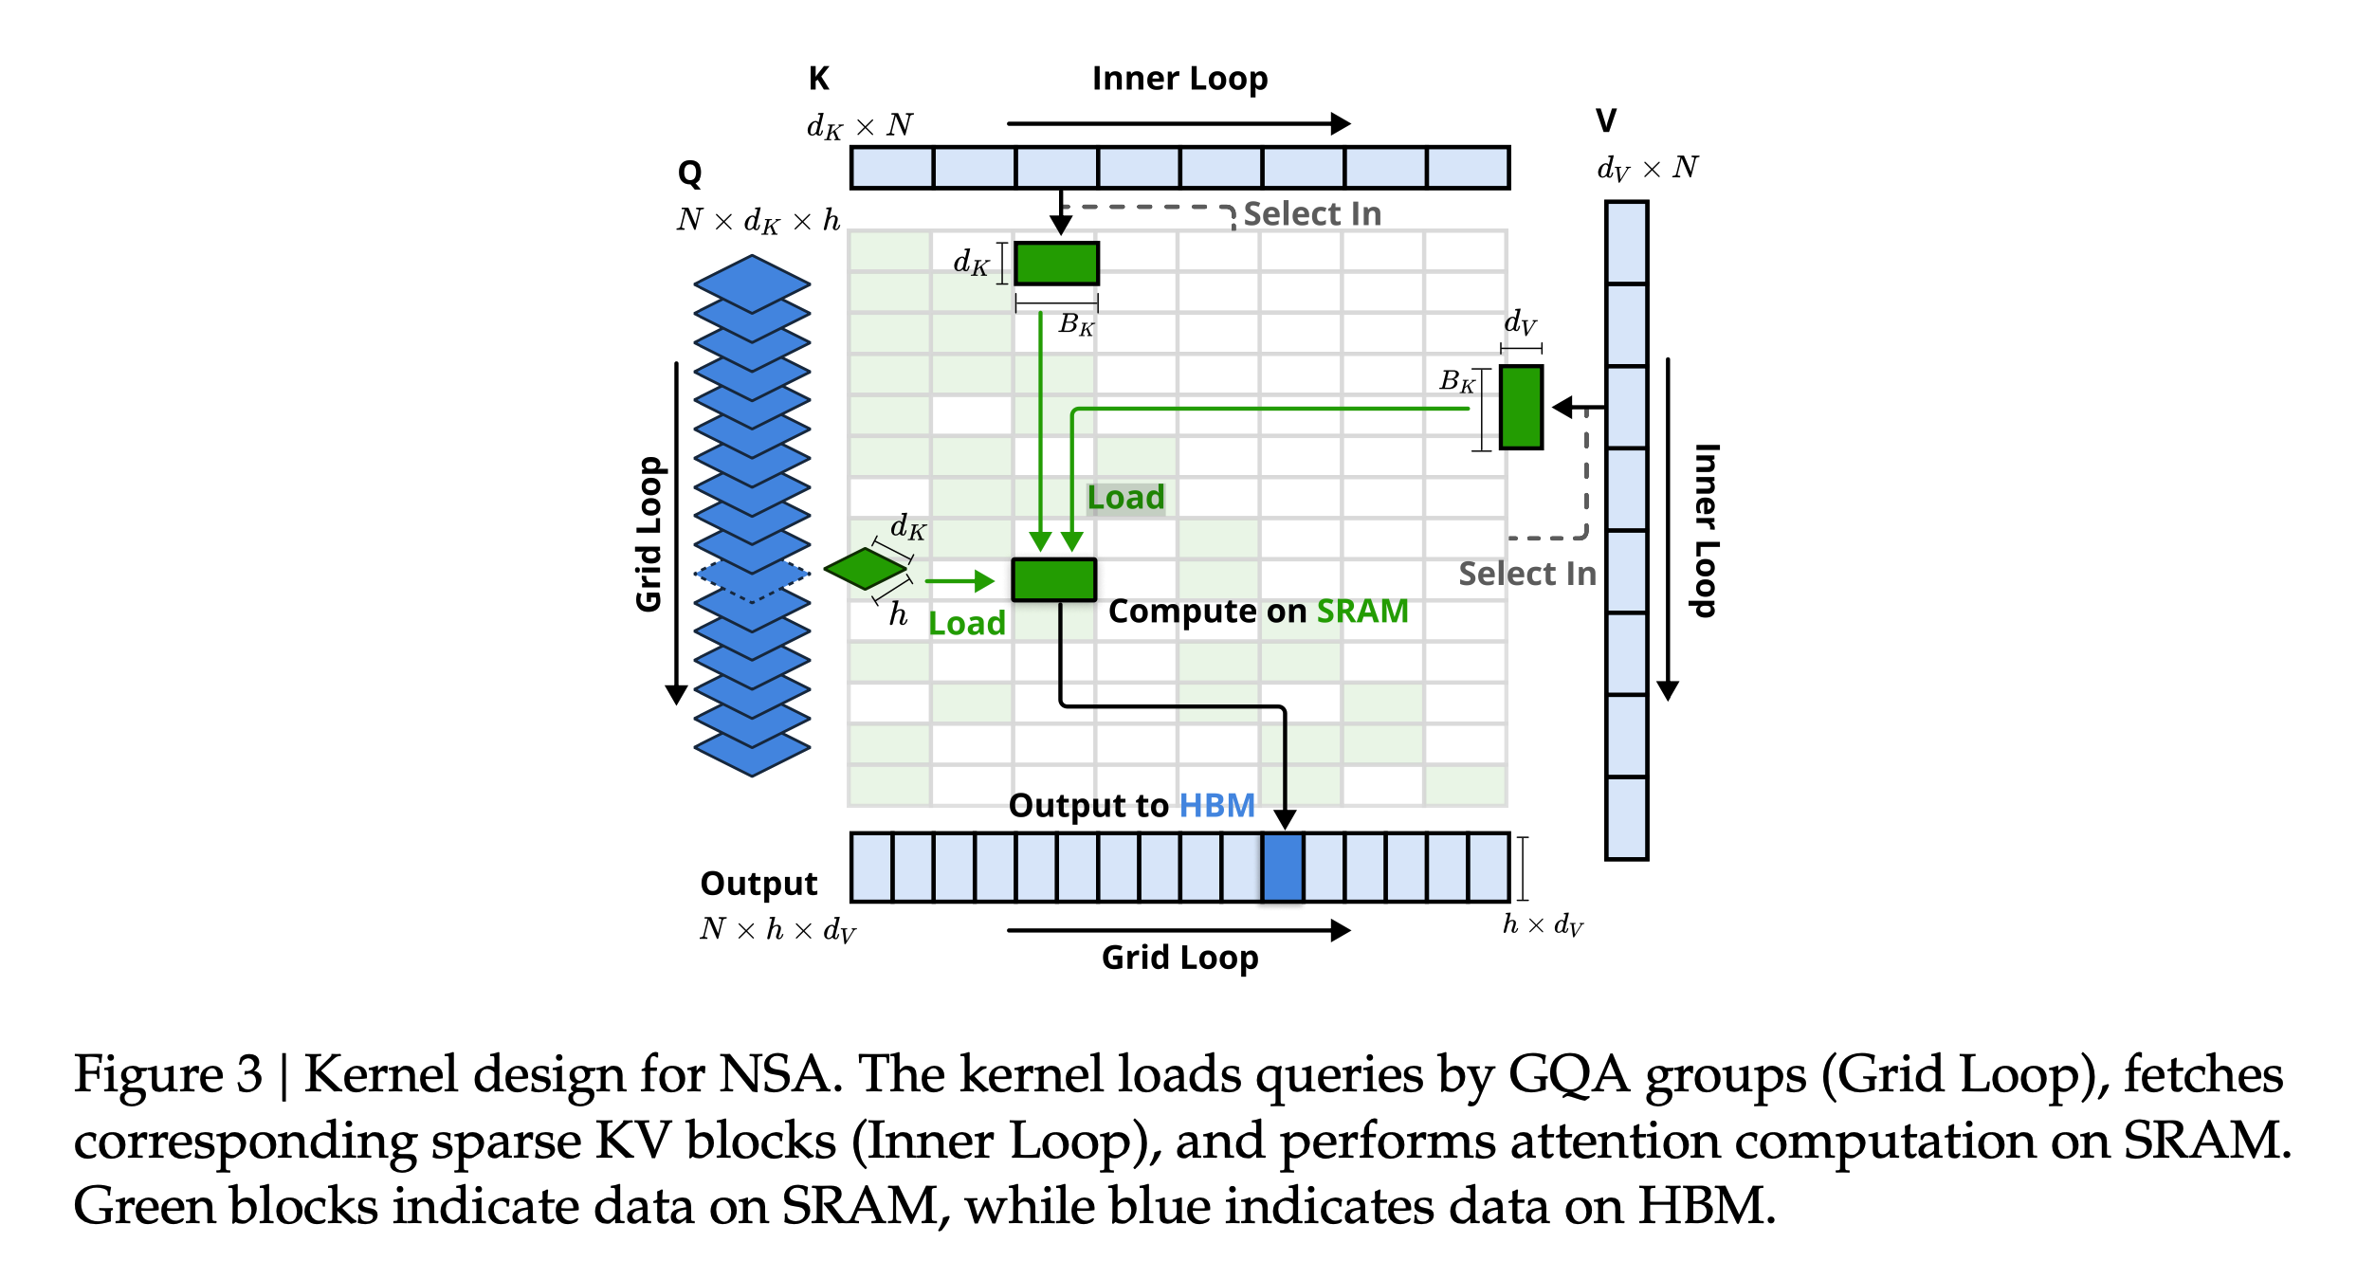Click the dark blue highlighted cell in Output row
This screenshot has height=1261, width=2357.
click(x=1282, y=867)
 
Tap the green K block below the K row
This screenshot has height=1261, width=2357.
click(x=1056, y=263)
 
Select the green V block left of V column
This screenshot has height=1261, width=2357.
click(x=1521, y=407)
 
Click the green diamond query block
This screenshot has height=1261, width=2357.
click(x=865, y=569)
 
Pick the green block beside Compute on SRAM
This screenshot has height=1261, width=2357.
click(x=1053, y=579)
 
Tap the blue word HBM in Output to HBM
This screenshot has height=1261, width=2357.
click(x=1216, y=805)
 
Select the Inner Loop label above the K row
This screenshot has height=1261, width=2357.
click(x=1179, y=79)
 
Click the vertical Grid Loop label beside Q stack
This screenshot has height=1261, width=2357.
click(x=649, y=534)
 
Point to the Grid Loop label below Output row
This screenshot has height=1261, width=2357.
click(x=1179, y=958)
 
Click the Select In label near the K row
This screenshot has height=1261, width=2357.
click(x=1312, y=214)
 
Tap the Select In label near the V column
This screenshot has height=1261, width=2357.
click(x=1526, y=574)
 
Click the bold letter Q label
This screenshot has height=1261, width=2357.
click(x=689, y=174)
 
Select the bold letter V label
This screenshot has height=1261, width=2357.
click(x=1605, y=121)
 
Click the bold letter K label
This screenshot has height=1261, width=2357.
click(x=819, y=79)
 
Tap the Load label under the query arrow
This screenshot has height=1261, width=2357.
click(x=966, y=624)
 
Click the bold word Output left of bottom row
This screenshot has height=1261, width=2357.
click(x=758, y=884)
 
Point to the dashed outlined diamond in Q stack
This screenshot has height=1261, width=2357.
click(x=752, y=574)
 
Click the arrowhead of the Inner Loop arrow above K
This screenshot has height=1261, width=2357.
click(x=1341, y=123)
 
